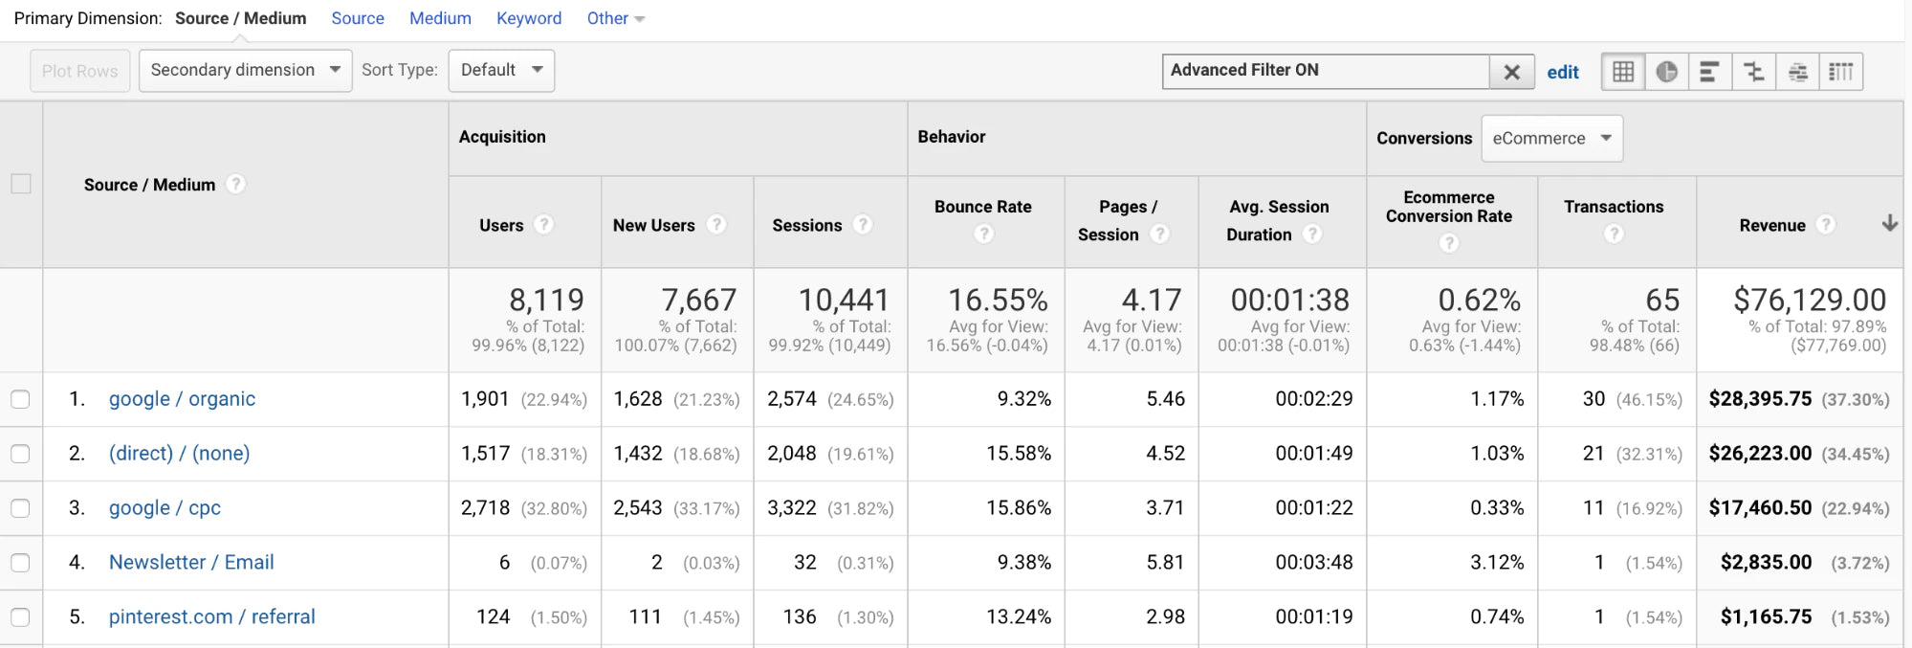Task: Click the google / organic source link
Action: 182,399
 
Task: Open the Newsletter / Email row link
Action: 191,563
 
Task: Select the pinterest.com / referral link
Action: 211,617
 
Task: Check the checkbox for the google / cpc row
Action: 20,508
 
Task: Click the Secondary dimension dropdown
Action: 245,70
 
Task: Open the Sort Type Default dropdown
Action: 501,70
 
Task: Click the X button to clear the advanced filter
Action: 1511,72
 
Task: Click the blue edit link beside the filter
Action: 1563,72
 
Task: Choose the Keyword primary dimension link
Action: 529,18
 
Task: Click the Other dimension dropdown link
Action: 615,18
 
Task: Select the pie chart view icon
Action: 1666,72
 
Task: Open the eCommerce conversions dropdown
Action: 1551,138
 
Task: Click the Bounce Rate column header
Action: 982,207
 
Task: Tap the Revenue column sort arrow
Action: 1889,223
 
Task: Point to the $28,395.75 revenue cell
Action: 1760,399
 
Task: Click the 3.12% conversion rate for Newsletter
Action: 1497,563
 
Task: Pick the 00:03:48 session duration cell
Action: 1313,563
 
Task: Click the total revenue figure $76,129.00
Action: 1809,301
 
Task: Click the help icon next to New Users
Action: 716,224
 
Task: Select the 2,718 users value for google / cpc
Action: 485,508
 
